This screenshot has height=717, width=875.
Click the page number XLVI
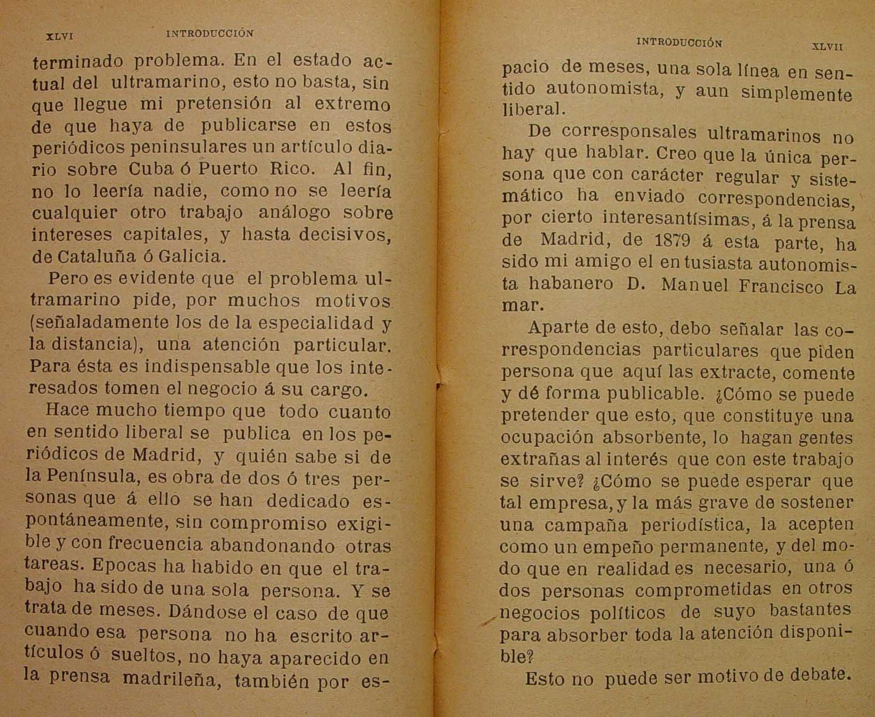60,36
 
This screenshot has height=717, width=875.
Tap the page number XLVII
827,47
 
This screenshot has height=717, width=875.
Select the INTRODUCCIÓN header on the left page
210,33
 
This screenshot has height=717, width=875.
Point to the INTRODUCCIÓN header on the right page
679,43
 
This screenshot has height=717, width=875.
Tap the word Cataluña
91,257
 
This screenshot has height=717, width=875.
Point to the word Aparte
556,328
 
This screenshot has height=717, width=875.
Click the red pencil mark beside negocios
488,619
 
